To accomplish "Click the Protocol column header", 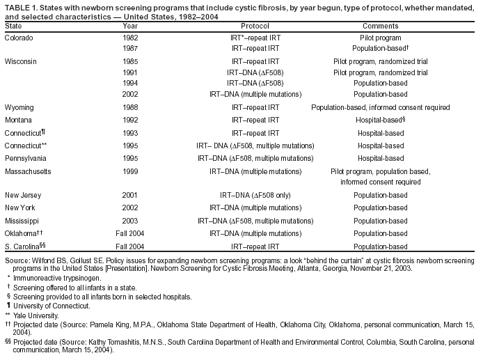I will click(255, 25).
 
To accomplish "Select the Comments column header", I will click(380, 25).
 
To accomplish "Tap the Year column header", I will click(129, 25).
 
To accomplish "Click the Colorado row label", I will click(18, 37).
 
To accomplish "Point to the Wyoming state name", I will click(19, 107).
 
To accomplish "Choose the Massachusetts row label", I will click(27, 171).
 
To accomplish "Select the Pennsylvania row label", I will click(25, 158).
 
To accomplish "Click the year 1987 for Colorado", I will click(129, 48).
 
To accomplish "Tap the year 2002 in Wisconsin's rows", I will click(129, 94).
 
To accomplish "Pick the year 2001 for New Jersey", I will click(129, 195).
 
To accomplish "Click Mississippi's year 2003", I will click(129, 220).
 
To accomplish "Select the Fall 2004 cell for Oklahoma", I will click(129, 233).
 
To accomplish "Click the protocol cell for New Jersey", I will click(255, 195).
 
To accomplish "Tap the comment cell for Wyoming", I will click(380, 107).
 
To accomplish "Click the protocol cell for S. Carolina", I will click(255, 246).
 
